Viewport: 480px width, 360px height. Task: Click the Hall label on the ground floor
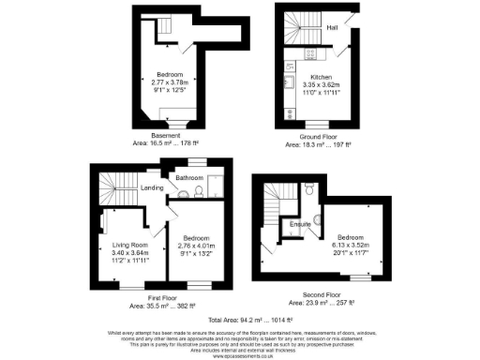332,28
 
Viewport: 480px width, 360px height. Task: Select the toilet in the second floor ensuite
308,187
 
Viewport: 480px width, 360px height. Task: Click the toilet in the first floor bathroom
187,193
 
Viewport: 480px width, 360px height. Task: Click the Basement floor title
170,135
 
